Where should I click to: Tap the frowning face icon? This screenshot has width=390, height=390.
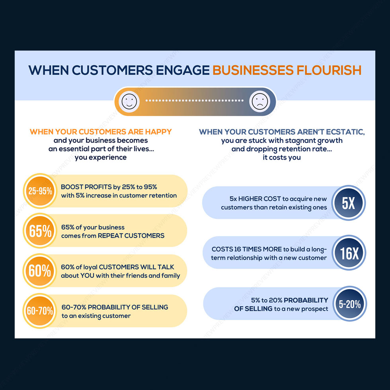(260, 101)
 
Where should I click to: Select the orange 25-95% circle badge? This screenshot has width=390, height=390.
(40, 191)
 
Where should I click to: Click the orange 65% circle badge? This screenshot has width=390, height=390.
(40, 231)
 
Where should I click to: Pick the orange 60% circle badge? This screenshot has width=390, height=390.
(40, 271)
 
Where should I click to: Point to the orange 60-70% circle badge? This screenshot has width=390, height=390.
(40, 311)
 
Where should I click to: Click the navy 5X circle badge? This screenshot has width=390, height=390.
(348, 203)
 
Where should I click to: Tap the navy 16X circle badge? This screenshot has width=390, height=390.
(348, 253)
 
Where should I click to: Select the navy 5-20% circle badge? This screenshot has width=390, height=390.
(350, 304)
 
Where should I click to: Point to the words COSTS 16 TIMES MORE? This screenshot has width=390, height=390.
(246, 249)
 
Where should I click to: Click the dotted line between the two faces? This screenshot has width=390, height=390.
(194, 101)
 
